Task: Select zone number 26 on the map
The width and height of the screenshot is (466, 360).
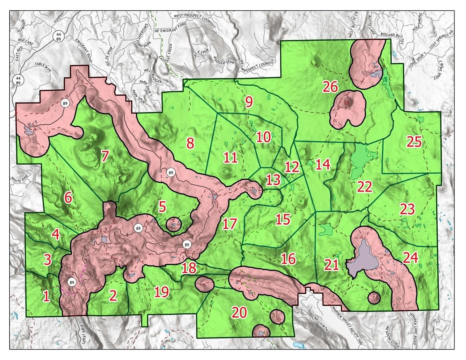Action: coord(330,86)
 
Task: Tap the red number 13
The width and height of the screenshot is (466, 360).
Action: coord(274,179)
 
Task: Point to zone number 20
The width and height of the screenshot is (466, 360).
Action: coord(239,312)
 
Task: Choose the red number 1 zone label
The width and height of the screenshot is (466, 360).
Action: coord(46,296)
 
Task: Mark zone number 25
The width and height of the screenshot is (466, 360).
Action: coord(414,142)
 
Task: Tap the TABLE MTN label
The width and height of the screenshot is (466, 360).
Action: coord(43,67)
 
